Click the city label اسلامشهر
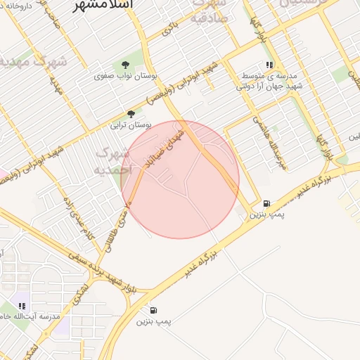106,6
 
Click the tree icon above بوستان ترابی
131,114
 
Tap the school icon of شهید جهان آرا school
269,65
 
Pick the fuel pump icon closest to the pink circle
265,202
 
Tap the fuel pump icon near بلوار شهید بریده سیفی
153,310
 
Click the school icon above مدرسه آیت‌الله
22,306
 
